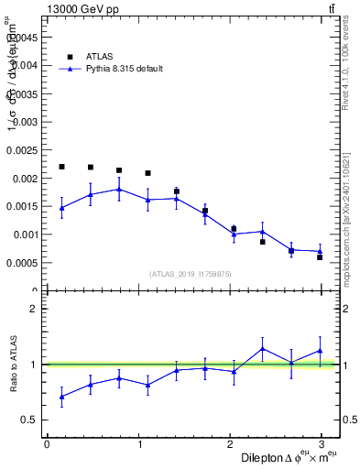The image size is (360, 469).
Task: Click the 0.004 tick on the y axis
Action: (25, 65)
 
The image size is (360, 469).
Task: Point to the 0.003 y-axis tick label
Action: (25, 122)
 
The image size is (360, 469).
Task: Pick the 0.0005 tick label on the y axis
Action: (22, 263)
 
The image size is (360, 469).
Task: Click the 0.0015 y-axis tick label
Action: (22, 206)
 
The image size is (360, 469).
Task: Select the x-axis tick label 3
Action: (324, 444)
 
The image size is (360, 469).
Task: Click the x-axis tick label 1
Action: (139, 444)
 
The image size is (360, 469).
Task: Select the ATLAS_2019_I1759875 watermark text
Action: (191, 274)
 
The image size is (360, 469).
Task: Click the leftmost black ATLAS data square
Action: (61, 167)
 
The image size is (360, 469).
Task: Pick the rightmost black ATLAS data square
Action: (320, 257)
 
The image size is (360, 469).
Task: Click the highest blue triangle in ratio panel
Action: (262, 348)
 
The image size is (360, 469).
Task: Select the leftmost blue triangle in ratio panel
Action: (61, 397)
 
